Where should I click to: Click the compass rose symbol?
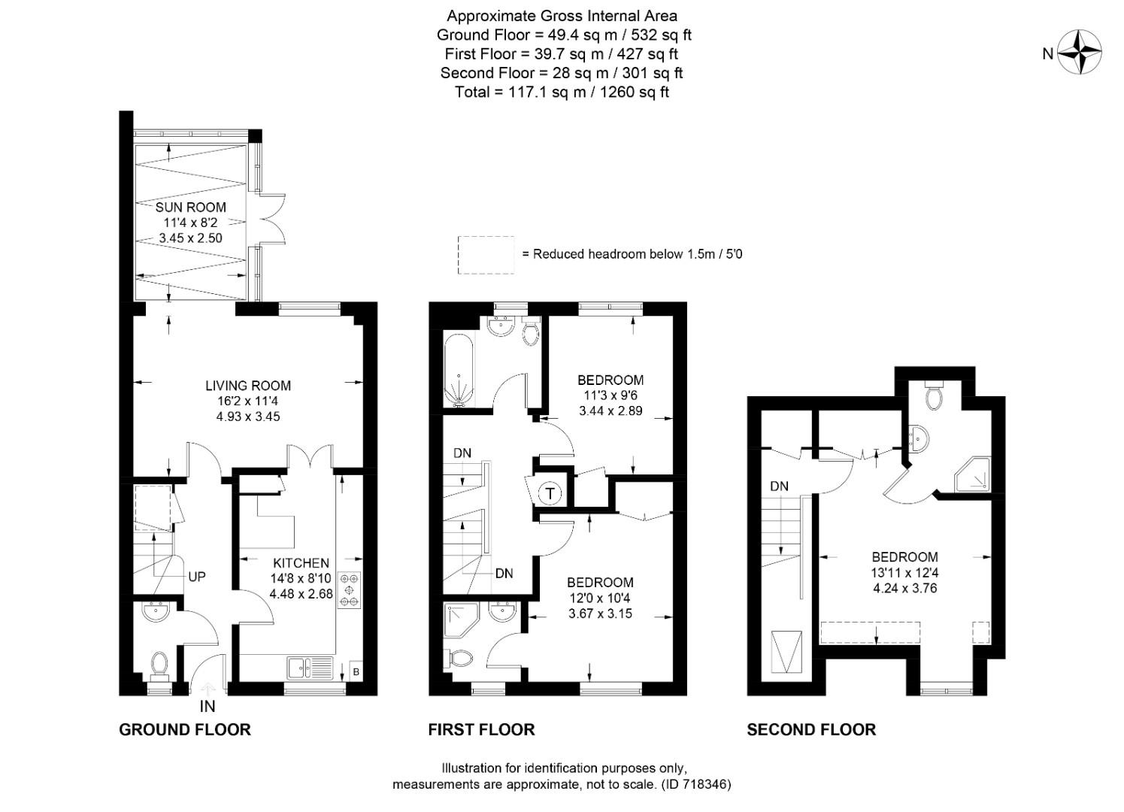point(1080,53)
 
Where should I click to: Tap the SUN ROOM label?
point(190,207)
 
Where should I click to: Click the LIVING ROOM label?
point(248,386)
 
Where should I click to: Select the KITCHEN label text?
point(301,563)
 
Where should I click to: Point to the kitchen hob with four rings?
point(349,590)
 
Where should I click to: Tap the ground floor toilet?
point(159,665)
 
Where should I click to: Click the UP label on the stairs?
point(197,577)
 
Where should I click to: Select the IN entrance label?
point(207,707)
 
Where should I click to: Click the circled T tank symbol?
point(551,494)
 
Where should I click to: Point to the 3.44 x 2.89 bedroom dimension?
point(610,411)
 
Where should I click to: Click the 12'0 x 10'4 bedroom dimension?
point(600,598)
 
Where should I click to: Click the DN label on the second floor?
point(779,486)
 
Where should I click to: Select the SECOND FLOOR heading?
point(811,729)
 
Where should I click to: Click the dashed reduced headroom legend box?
point(486,255)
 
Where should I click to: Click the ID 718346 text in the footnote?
point(696,784)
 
